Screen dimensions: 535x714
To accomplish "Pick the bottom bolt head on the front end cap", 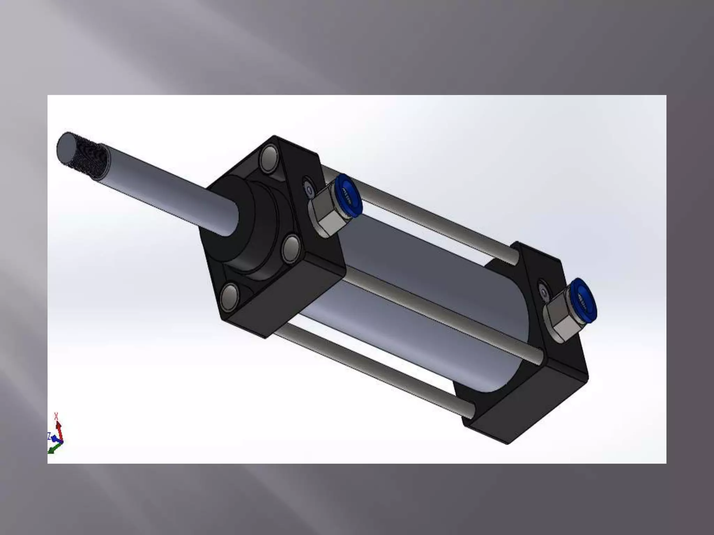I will (x=230, y=297).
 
